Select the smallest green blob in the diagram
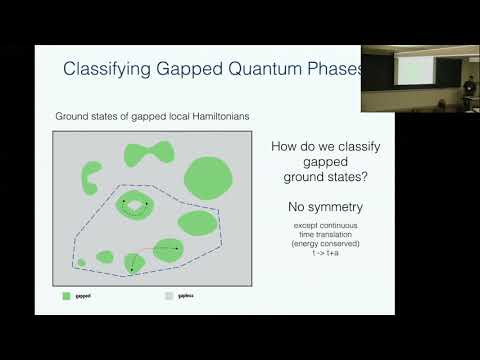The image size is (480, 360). [x=82, y=262]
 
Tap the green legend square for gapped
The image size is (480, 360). [x=66, y=296]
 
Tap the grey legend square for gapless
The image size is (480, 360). [x=168, y=296]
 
